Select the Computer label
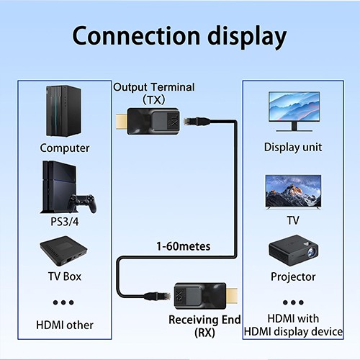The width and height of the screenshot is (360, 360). point(65,148)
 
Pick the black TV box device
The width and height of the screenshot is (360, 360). point(63,253)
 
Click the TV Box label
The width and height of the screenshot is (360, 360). point(64,276)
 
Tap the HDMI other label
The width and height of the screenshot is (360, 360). point(65,325)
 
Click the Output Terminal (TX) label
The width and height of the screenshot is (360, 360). point(153,93)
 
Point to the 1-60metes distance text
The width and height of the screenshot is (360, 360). point(183,246)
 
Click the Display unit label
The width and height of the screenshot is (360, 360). point(293,148)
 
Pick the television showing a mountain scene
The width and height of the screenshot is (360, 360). point(293,191)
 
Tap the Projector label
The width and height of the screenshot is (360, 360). point(293,276)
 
